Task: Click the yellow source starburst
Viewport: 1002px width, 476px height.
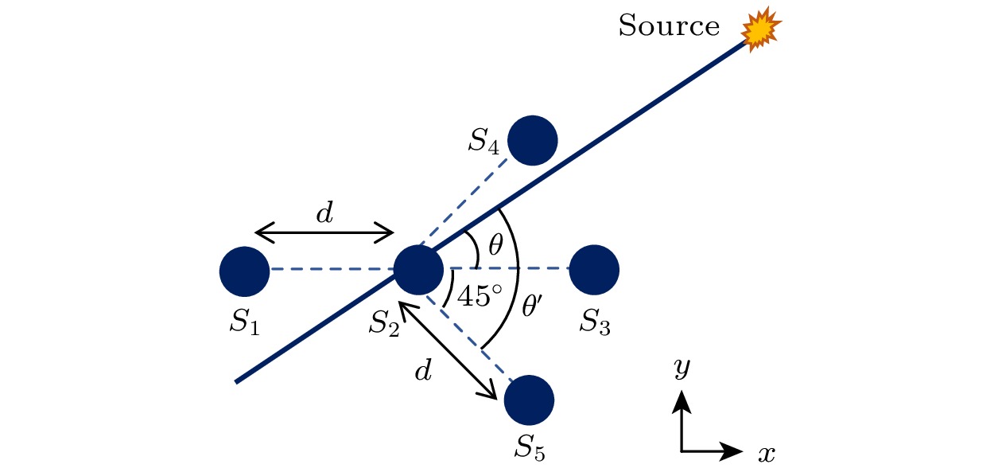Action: [x=761, y=30]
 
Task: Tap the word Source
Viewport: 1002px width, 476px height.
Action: [x=669, y=25]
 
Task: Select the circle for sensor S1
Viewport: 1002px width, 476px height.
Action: [x=245, y=271]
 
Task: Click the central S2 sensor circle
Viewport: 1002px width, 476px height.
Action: [x=418, y=270]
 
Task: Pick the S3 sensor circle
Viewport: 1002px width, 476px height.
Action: [x=594, y=270]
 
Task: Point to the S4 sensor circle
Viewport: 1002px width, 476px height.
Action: [x=532, y=141]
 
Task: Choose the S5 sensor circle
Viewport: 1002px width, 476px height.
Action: [x=529, y=400]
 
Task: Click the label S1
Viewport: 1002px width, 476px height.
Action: [x=245, y=322]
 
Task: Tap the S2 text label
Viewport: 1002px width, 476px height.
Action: [x=384, y=323]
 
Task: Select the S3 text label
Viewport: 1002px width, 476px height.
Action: [x=595, y=322]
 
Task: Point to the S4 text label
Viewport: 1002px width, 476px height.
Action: [x=484, y=142]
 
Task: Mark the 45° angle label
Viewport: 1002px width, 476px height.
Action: [x=480, y=296]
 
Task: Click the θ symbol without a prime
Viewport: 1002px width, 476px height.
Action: [x=495, y=244]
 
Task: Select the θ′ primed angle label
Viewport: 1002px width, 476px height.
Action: [x=532, y=306]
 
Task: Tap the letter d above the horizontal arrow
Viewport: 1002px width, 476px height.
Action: [x=324, y=213]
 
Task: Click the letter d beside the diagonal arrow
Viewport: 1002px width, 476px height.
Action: [x=423, y=370]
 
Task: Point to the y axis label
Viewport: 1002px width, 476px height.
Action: [x=682, y=369]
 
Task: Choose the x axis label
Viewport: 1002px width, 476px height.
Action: [x=767, y=455]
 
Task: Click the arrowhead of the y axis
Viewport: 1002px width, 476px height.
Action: [x=682, y=401]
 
